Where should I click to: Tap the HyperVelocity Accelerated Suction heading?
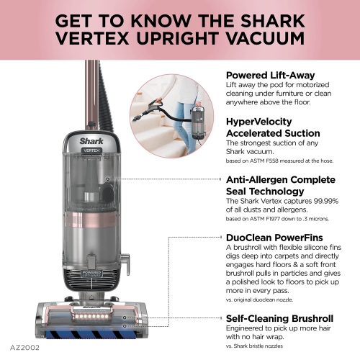pos(271,127)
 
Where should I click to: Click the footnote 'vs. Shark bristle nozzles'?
pos(264,346)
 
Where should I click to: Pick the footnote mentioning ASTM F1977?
pos(280,217)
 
